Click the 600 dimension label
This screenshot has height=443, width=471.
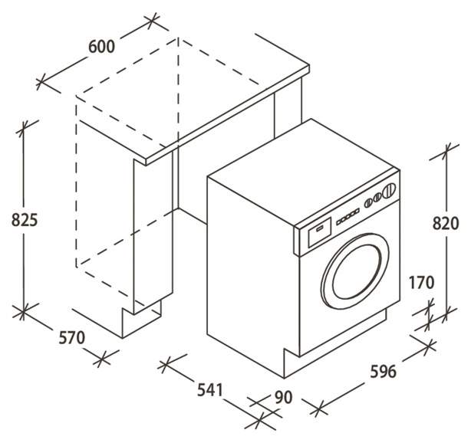(102, 47)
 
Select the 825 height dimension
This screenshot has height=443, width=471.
(25, 220)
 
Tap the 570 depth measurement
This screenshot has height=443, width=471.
(72, 338)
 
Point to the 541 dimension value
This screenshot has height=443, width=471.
(210, 390)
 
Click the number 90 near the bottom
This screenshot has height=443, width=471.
(283, 397)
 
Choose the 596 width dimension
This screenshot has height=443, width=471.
(384, 372)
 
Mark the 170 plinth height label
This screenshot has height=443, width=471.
(421, 283)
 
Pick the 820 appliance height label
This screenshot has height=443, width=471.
(446, 223)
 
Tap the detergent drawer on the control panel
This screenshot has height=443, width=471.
(320, 232)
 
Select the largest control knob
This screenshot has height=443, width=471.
(390, 189)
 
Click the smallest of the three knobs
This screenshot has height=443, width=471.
(367, 204)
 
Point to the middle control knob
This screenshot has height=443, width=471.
(377, 197)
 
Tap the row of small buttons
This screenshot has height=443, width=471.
(347, 217)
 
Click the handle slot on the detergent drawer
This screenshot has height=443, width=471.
(320, 228)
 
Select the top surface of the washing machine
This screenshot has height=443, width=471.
(303, 172)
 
